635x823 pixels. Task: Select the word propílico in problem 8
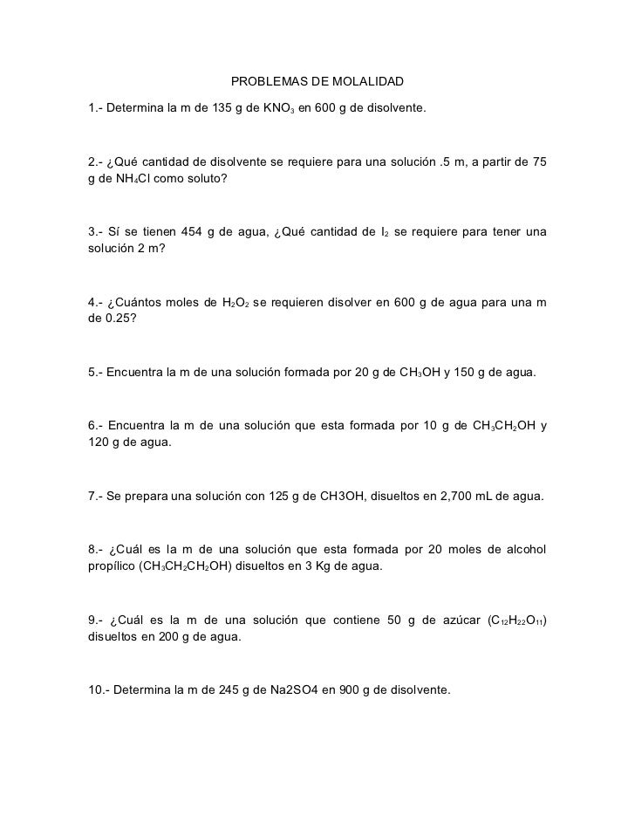tap(113, 566)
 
